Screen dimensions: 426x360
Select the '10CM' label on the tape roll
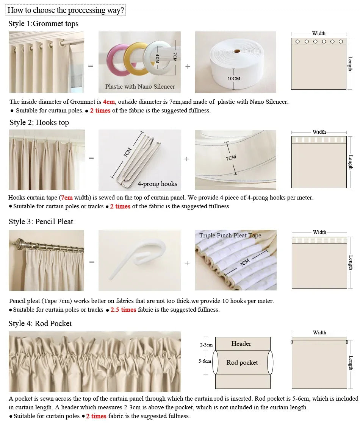(x=234, y=79)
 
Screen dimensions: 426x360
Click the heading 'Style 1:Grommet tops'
(x=43, y=24)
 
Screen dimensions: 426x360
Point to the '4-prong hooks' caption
(x=157, y=184)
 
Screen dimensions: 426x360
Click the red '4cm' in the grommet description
(x=108, y=102)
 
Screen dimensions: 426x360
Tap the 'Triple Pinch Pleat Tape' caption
(x=230, y=236)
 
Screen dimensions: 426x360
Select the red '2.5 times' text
(x=123, y=310)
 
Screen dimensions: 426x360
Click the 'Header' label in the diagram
(x=241, y=344)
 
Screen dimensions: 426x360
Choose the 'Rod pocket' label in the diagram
(x=242, y=363)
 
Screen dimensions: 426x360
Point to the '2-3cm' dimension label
(x=206, y=345)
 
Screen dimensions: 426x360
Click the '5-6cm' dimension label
(x=205, y=361)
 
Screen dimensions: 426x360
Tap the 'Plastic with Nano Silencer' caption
(x=140, y=87)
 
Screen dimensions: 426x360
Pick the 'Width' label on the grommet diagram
(x=319, y=34)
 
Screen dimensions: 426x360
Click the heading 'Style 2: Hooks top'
(x=39, y=123)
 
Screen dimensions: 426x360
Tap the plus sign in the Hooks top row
(x=187, y=159)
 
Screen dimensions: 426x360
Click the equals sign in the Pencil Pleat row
(x=91, y=262)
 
